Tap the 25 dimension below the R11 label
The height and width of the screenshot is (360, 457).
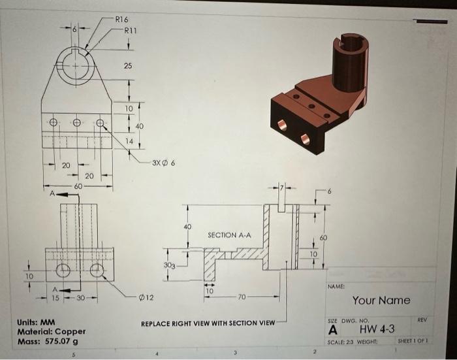tap(128, 66)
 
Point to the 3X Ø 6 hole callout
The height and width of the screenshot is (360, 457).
tap(162, 162)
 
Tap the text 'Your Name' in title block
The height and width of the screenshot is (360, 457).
tap(381, 301)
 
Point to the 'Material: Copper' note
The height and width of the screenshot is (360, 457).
tap(52, 331)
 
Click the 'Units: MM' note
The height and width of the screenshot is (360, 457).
tap(38, 322)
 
